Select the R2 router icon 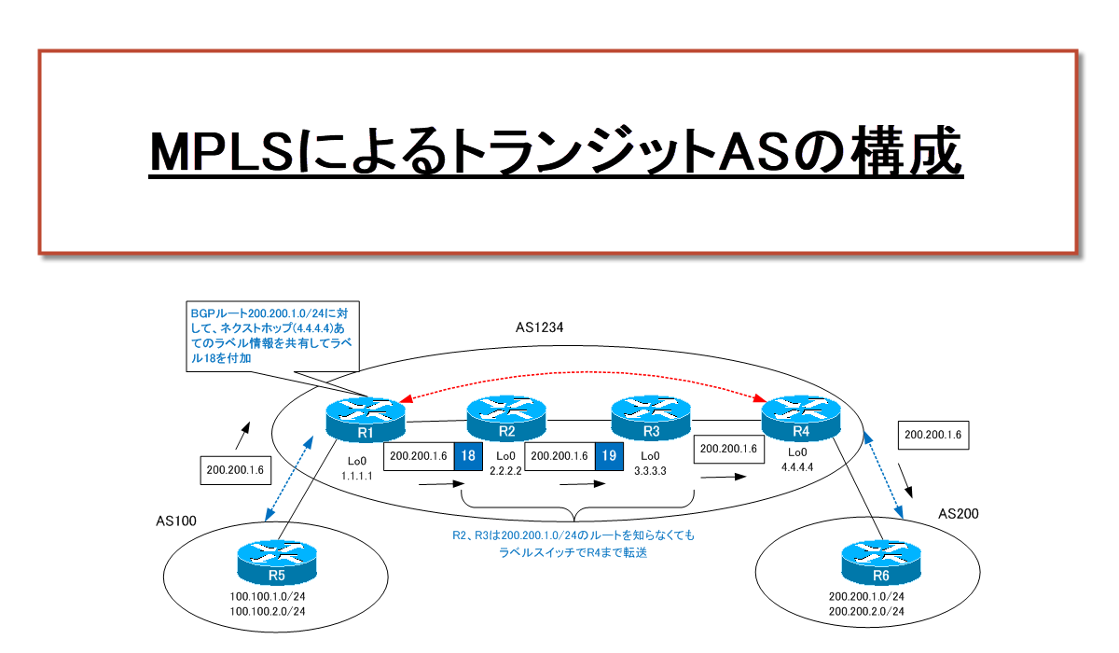pyautogui.click(x=505, y=420)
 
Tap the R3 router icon pyautogui.click(x=650, y=420)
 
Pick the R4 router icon pyautogui.click(x=800, y=420)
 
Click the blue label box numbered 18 pyautogui.click(x=467, y=455)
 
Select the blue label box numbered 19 pyautogui.click(x=608, y=455)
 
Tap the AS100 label pyautogui.click(x=175, y=520)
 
